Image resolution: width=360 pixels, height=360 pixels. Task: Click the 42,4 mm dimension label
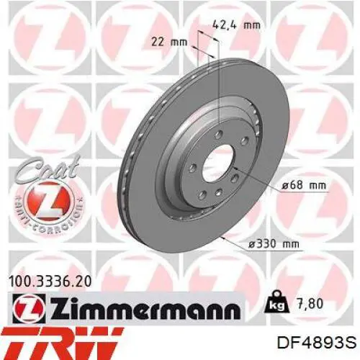(236, 24)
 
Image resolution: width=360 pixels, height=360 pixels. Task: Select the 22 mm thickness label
(169, 42)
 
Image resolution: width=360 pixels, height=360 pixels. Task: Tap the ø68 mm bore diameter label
(304, 185)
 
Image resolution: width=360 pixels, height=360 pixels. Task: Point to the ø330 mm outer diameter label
(274, 244)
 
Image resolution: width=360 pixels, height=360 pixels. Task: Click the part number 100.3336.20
(50, 282)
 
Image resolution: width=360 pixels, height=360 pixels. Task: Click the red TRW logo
(61, 343)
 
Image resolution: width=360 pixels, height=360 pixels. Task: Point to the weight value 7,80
(310, 304)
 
